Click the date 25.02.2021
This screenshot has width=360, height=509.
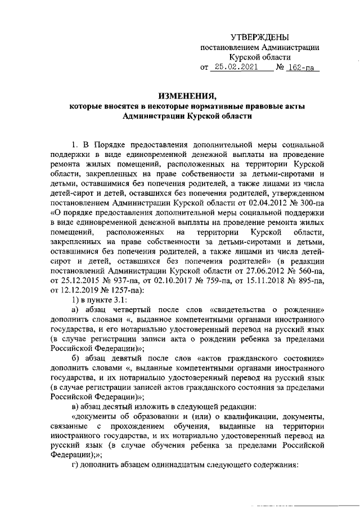coord(233,67)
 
